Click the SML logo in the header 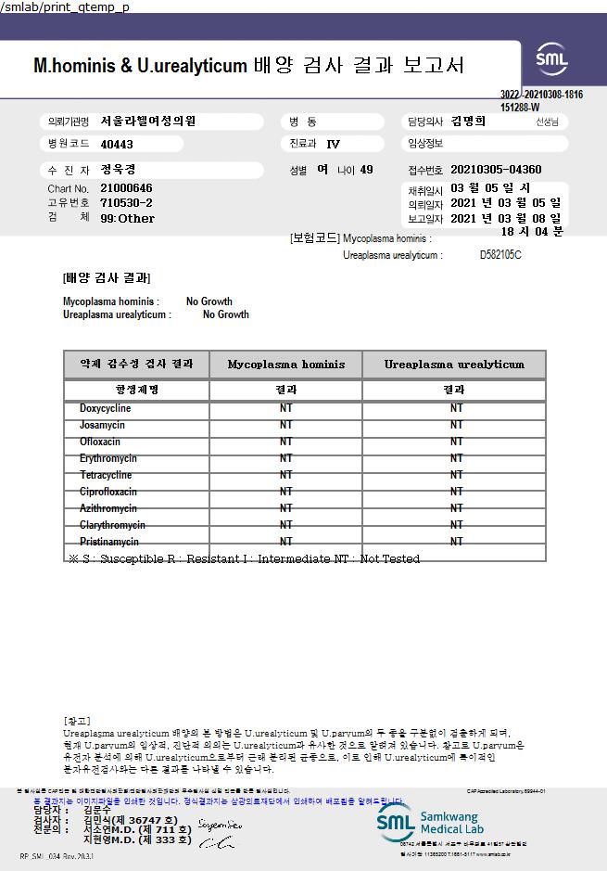pyautogui.click(x=552, y=59)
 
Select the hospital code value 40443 pyautogui.click(x=117, y=145)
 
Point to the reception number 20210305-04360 pyautogui.click(x=496, y=170)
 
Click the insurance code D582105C pyautogui.click(x=500, y=254)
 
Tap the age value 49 pyautogui.click(x=366, y=170)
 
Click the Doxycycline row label pyautogui.click(x=105, y=408)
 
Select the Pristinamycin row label pyautogui.click(x=109, y=541)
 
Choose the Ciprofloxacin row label pyautogui.click(x=107, y=492)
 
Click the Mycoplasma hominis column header pyautogui.click(x=285, y=365)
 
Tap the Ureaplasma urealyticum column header pyautogui.click(x=454, y=365)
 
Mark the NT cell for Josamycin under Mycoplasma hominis pyautogui.click(x=285, y=425)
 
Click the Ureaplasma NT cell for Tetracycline pyautogui.click(x=456, y=475)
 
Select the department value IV pyautogui.click(x=334, y=145)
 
